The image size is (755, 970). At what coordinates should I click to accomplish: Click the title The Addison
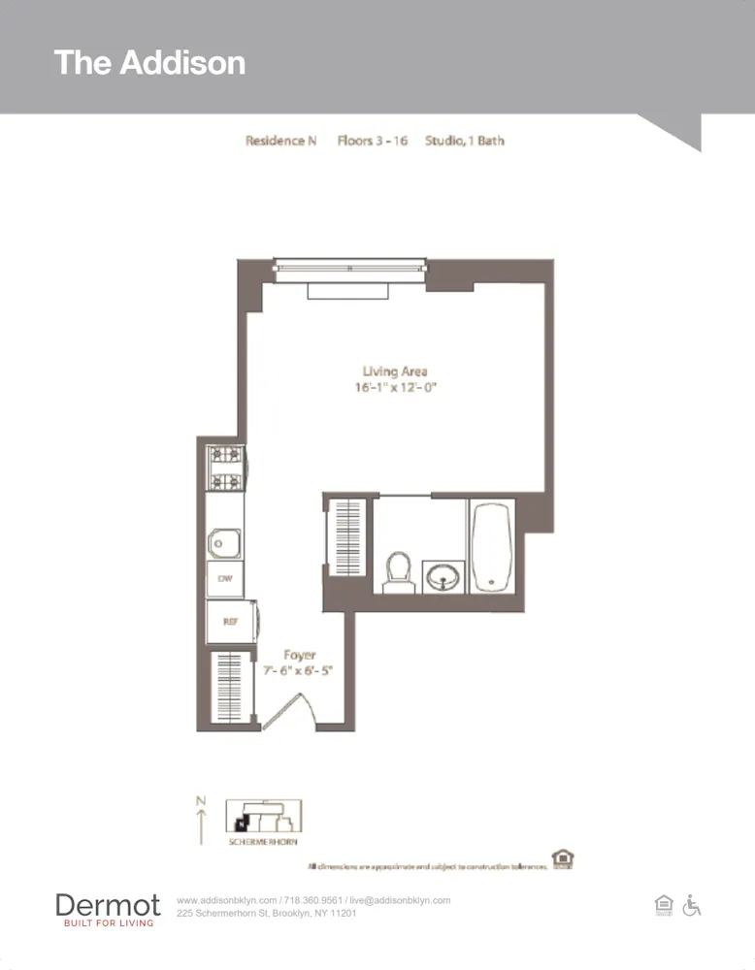click(x=149, y=63)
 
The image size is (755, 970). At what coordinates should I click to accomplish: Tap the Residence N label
click(x=280, y=141)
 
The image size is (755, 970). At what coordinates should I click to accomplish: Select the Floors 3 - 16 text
click(x=372, y=141)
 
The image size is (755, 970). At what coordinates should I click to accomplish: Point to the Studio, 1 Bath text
click(x=464, y=141)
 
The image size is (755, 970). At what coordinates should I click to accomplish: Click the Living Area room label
click(x=395, y=372)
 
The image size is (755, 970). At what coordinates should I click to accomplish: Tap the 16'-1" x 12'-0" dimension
click(x=394, y=388)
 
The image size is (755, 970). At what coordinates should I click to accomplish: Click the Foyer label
click(x=299, y=656)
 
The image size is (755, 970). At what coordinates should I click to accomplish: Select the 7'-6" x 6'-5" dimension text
click(x=299, y=671)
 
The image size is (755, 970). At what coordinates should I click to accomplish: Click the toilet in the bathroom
click(x=398, y=571)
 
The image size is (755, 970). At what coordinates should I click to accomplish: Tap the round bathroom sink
click(x=444, y=578)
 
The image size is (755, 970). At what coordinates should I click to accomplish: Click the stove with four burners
click(x=226, y=469)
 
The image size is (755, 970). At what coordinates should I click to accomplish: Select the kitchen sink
click(x=224, y=543)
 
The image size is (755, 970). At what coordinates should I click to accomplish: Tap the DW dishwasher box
click(x=224, y=579)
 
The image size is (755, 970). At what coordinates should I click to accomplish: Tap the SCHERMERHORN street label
click(x=263, y=842)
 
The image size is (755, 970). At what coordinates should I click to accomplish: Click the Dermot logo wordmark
click(x=108, y=906)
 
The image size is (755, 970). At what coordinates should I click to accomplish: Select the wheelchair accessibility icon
click(x=692, y=906)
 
